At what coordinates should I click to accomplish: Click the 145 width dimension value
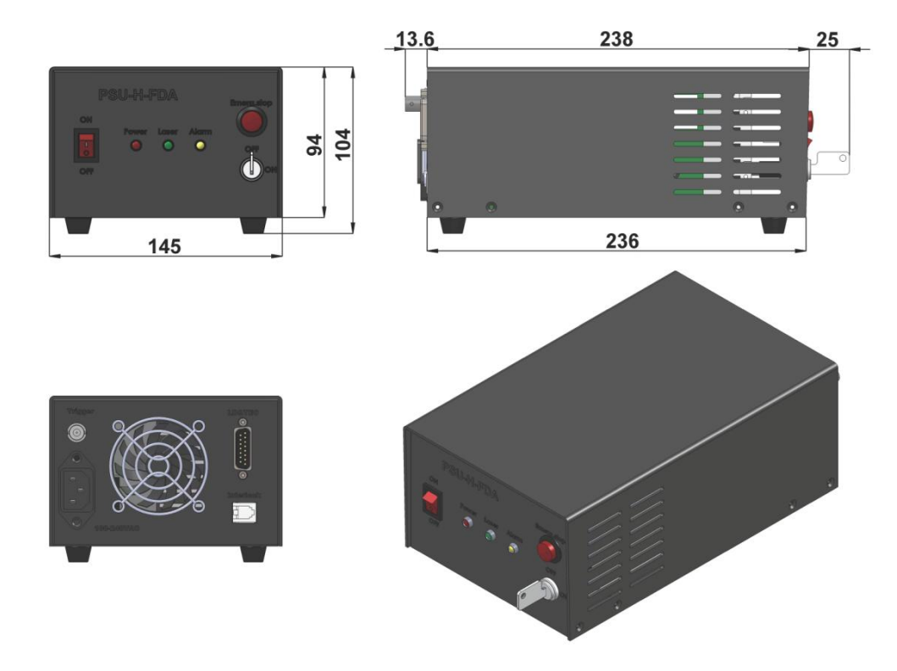165,246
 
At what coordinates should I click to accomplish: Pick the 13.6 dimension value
414,38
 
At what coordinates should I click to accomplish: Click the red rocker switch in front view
86,147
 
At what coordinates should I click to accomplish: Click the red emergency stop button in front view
250,123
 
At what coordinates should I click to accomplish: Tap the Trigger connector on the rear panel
76,433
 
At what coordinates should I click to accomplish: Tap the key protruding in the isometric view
534,597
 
